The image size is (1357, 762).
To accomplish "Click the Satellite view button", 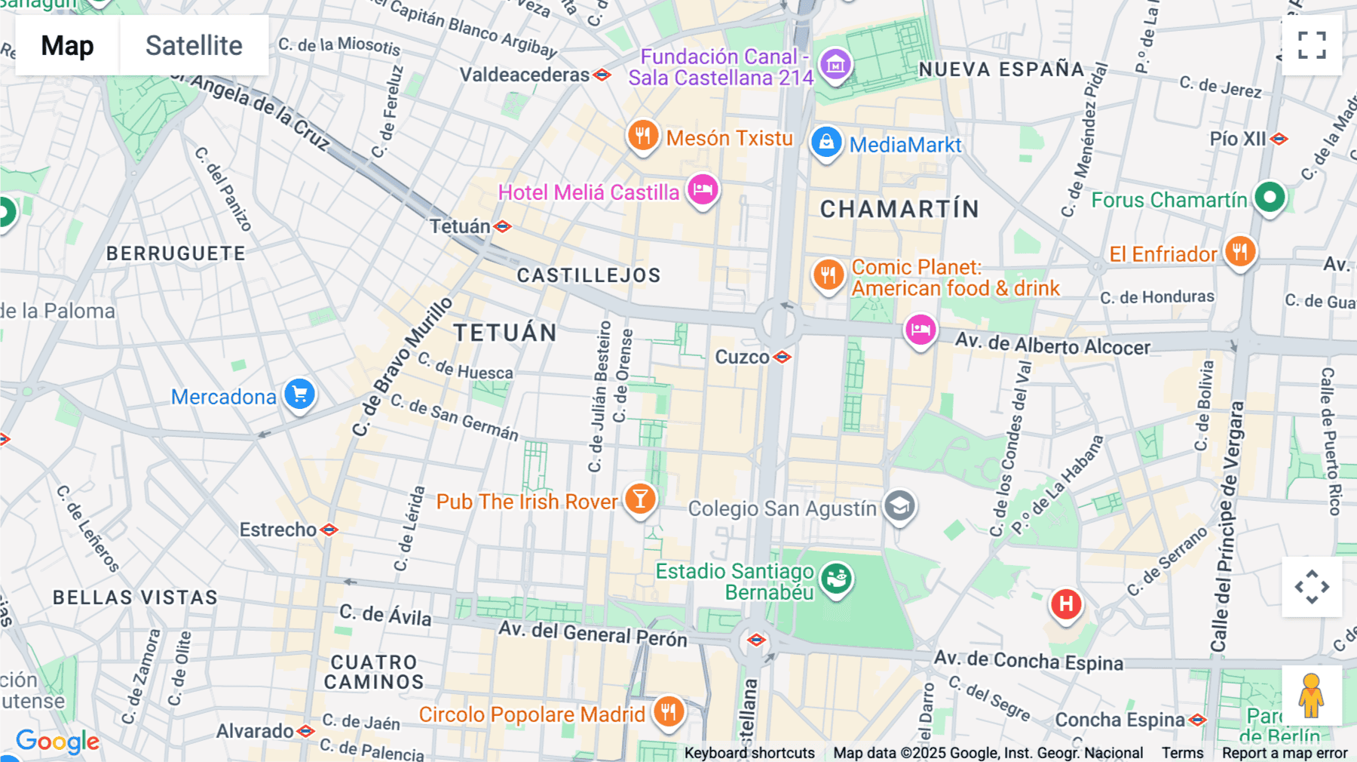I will pos(194,45).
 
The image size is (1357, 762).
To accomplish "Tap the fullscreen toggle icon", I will pos(1312,45).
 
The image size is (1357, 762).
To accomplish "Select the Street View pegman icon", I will pos(1311,696).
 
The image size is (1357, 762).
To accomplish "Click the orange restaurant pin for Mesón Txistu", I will pos(643,137).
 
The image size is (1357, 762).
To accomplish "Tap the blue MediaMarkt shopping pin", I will pos(826,143).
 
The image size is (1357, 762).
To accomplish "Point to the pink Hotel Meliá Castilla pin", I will pos(703,190).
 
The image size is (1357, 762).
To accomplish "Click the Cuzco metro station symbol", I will pos(783,357).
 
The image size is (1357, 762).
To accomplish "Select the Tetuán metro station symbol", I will pos(503,226).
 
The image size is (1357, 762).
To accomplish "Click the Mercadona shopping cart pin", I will pos(300,395).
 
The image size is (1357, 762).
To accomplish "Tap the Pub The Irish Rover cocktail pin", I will pos(640,499).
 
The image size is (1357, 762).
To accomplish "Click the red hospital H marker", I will pos(1066,604).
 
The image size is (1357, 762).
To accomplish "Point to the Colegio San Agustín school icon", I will pos(899,507).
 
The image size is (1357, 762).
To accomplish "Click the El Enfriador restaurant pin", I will pos(1240,252).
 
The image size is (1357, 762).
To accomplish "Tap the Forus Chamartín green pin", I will pos(1270,198).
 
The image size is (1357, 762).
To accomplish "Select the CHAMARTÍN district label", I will pos(899,209).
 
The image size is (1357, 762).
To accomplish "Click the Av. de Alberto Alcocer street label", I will pos(1052,345).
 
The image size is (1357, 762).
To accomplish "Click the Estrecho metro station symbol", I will pos(329,530).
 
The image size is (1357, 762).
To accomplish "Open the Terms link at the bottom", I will pos(1182,752).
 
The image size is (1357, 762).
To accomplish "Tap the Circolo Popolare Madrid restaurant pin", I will pos(669,711).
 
